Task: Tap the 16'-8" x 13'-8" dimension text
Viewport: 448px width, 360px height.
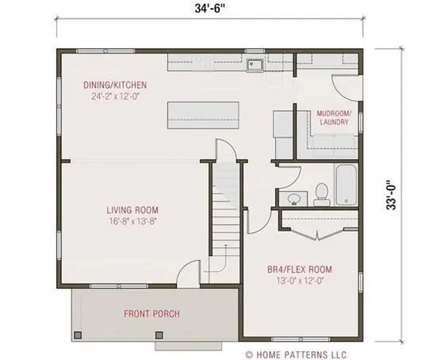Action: (x=131, y=222)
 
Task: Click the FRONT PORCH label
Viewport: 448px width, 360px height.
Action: (x=150, y=313)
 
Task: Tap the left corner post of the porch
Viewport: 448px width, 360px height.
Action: (x=78, y=334)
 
